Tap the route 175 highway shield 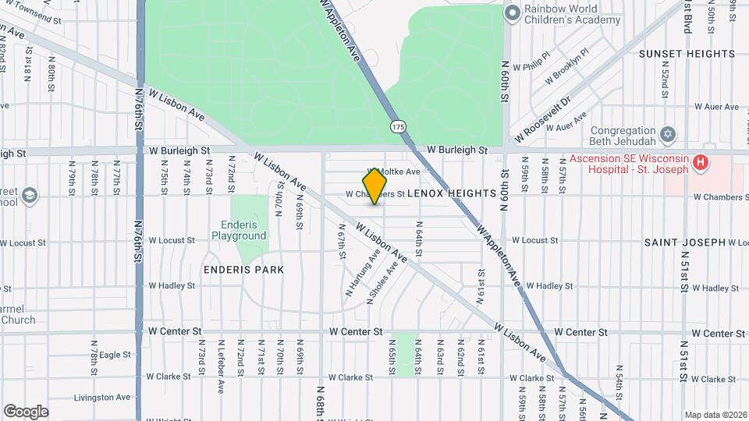pyautogui.click(x=399, y=126)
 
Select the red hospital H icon pyautogui.click(x=701, y=163)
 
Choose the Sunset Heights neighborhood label pyautogui.click(x=687, y=54)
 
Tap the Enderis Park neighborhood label pyautogui.click(x=243, y=269)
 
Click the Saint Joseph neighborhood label pyautogui.click(x=685, y=242)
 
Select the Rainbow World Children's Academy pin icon pyautogui.click(x=512, y=12)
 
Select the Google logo pyautogui.click(x=26, y=411)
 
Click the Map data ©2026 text pyautogui.click(x=715, y=415)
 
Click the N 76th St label pyautogui.click(x=137, y=109)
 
